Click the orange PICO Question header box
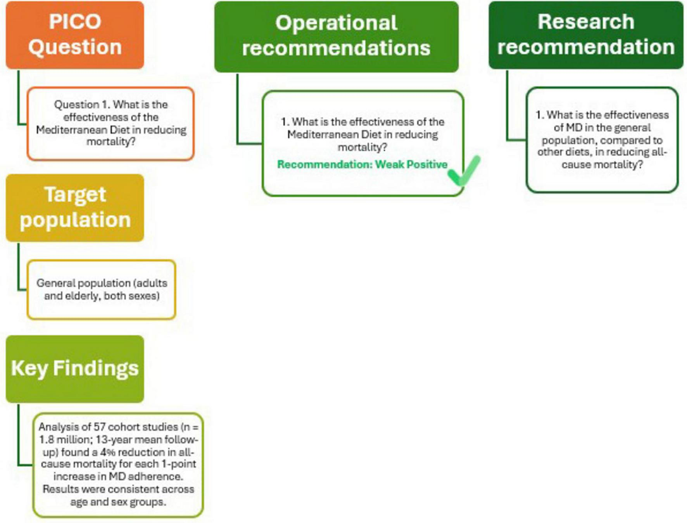(x=75, y=35)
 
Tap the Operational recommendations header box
(x=336, y=36)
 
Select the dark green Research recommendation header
(x=585, y=35)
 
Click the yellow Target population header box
(x=75, y=208)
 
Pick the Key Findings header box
(x=75, y=368)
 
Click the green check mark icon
(x=464, y=170)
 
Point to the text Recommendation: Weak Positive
(x=362, y=165)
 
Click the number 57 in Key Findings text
(x=100, y=427)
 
